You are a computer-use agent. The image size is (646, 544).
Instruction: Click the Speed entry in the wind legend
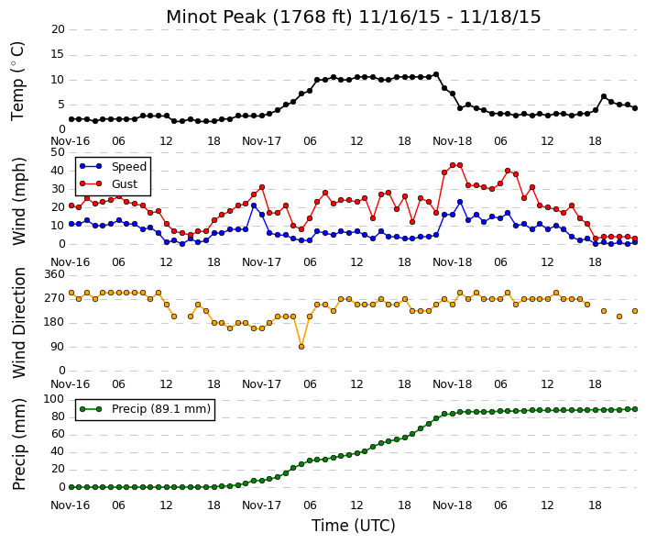click(113, 167)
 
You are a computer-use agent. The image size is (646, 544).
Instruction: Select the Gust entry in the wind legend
click(108, 184)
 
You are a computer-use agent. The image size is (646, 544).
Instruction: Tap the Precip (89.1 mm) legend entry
click(145, 409)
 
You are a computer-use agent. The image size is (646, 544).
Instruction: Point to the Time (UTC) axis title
click(353, 526)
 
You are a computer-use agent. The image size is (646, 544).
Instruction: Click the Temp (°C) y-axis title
click(18, 81)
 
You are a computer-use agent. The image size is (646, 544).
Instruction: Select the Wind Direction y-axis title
click(19, 323)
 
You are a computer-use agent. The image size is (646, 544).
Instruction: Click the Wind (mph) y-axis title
click(19, 201)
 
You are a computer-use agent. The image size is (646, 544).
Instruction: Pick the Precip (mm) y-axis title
click(19, 444)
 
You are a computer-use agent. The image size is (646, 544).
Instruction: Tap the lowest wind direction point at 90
click(301, 347)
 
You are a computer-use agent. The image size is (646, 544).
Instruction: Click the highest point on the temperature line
click(436, 74)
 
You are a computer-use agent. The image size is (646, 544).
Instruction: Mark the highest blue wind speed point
click(460, 202)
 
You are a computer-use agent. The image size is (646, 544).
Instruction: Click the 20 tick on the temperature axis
click(58, 29)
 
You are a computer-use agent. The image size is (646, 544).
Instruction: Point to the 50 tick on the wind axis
click(58, 152)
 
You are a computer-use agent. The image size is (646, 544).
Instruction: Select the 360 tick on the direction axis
click(54, 274)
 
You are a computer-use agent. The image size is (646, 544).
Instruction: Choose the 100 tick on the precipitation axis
click(54, 399)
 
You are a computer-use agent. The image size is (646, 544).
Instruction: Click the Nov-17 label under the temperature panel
click(262, 141)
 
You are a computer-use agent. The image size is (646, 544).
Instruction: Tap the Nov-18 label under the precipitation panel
click(453, 505)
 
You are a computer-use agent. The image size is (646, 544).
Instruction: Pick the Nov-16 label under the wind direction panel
click(70, 384)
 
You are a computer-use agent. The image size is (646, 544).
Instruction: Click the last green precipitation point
click(635, 409)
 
